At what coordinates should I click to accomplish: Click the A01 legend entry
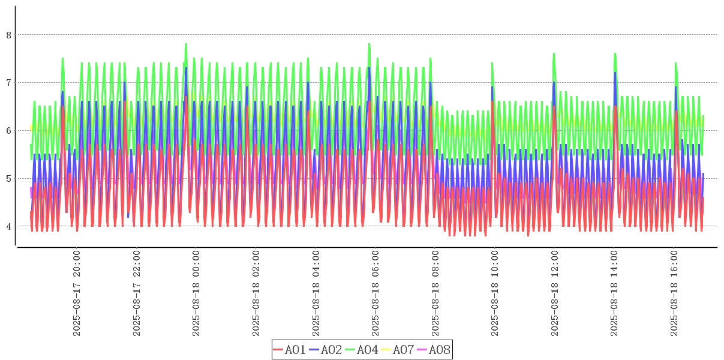(290, 350)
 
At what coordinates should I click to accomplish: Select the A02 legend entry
(326, 350)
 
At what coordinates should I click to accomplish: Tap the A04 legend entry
(362, 350)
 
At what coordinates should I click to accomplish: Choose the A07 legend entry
(398, 350)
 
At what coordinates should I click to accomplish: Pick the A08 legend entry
(433, 350)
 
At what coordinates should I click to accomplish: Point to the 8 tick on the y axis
(9, 35)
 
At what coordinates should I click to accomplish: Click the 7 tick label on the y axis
(9, 83)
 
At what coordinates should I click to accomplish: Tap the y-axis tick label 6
(9, 131)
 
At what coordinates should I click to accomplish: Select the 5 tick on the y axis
(9, 179)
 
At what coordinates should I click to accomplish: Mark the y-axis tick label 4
(9, 227)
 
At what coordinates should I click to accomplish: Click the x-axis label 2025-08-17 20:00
(77, 293)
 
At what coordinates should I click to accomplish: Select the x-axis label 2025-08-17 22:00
(137, 293)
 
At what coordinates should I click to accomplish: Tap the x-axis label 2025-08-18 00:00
(196, 293)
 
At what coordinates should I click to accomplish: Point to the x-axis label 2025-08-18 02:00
(256, 293)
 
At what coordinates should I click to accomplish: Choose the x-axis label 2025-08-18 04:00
(316, 293)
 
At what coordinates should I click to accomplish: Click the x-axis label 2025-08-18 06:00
(375, 293)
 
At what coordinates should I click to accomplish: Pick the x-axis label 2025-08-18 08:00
(435, 293)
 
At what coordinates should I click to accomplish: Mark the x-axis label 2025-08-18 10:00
(495, 293)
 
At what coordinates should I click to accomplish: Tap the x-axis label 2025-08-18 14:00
(614, 293)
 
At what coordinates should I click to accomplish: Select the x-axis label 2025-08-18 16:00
(674, 293)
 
